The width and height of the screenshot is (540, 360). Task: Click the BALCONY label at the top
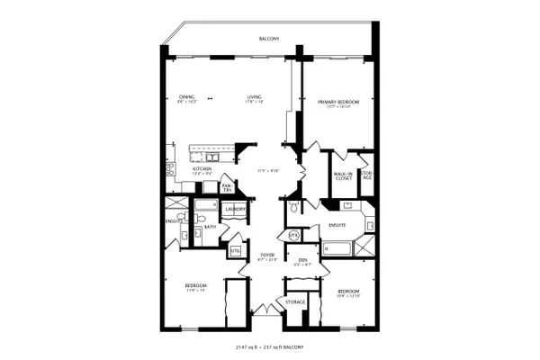coord(268,39)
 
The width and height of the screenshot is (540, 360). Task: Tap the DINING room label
coord(186,96)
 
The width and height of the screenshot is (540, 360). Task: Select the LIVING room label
coord(256,96)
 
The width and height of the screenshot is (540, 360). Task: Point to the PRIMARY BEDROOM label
coord(337,103)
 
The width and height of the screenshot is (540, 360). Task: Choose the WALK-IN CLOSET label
coord(343,176)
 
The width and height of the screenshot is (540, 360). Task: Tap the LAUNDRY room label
coord(237,210)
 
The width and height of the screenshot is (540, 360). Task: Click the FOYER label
coord(267,255)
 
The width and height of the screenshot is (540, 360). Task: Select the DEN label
coord(302,259)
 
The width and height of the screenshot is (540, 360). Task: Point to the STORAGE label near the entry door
coord(296,301)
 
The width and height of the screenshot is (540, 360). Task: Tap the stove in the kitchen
coord(169,170)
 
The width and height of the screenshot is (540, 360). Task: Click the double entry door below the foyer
coord(267,310)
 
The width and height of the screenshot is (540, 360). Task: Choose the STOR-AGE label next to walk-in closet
coord(366,176)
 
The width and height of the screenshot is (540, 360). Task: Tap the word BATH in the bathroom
coord(210,226)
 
